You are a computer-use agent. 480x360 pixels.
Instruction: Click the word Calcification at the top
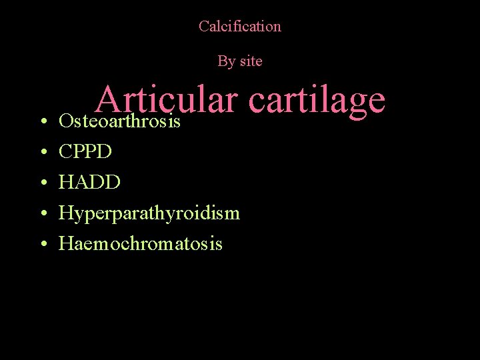240,27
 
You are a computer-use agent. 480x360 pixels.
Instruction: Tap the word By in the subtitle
225,61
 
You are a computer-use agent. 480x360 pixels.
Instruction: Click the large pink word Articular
167,100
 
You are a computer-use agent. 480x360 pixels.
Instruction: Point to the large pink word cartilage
317,100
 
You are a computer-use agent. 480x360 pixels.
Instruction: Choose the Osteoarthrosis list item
120,122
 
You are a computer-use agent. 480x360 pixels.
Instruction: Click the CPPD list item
85,152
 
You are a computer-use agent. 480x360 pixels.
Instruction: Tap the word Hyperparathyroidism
149,213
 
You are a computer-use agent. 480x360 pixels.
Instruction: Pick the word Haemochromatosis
141,244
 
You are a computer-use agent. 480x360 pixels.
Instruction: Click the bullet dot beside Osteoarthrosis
42,123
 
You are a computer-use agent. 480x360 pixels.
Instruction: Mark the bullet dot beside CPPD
42,153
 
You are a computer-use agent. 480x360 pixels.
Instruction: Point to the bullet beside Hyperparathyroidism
42,214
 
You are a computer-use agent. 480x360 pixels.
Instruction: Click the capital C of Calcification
203,27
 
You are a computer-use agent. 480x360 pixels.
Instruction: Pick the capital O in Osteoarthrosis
65,122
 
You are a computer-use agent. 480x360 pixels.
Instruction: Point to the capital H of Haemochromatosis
65,244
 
